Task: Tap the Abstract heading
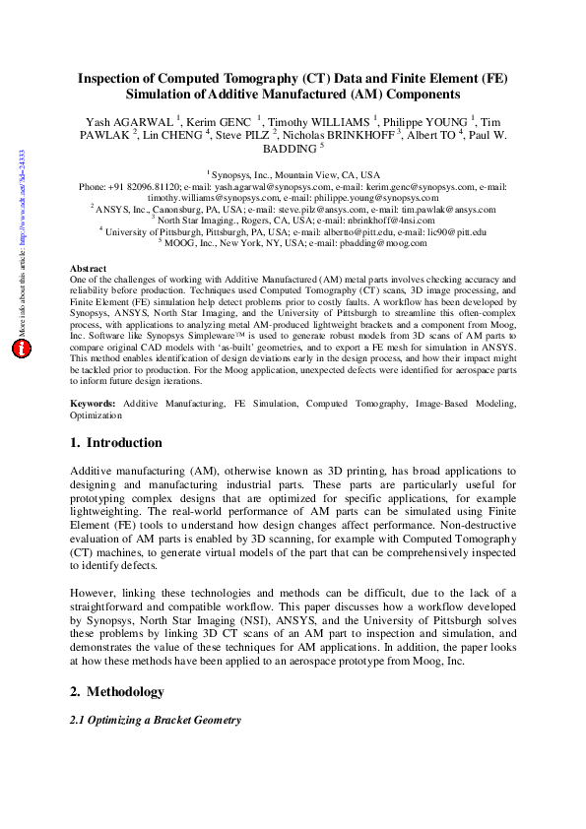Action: [89, 268]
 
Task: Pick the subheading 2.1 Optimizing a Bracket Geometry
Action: [155, 720]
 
